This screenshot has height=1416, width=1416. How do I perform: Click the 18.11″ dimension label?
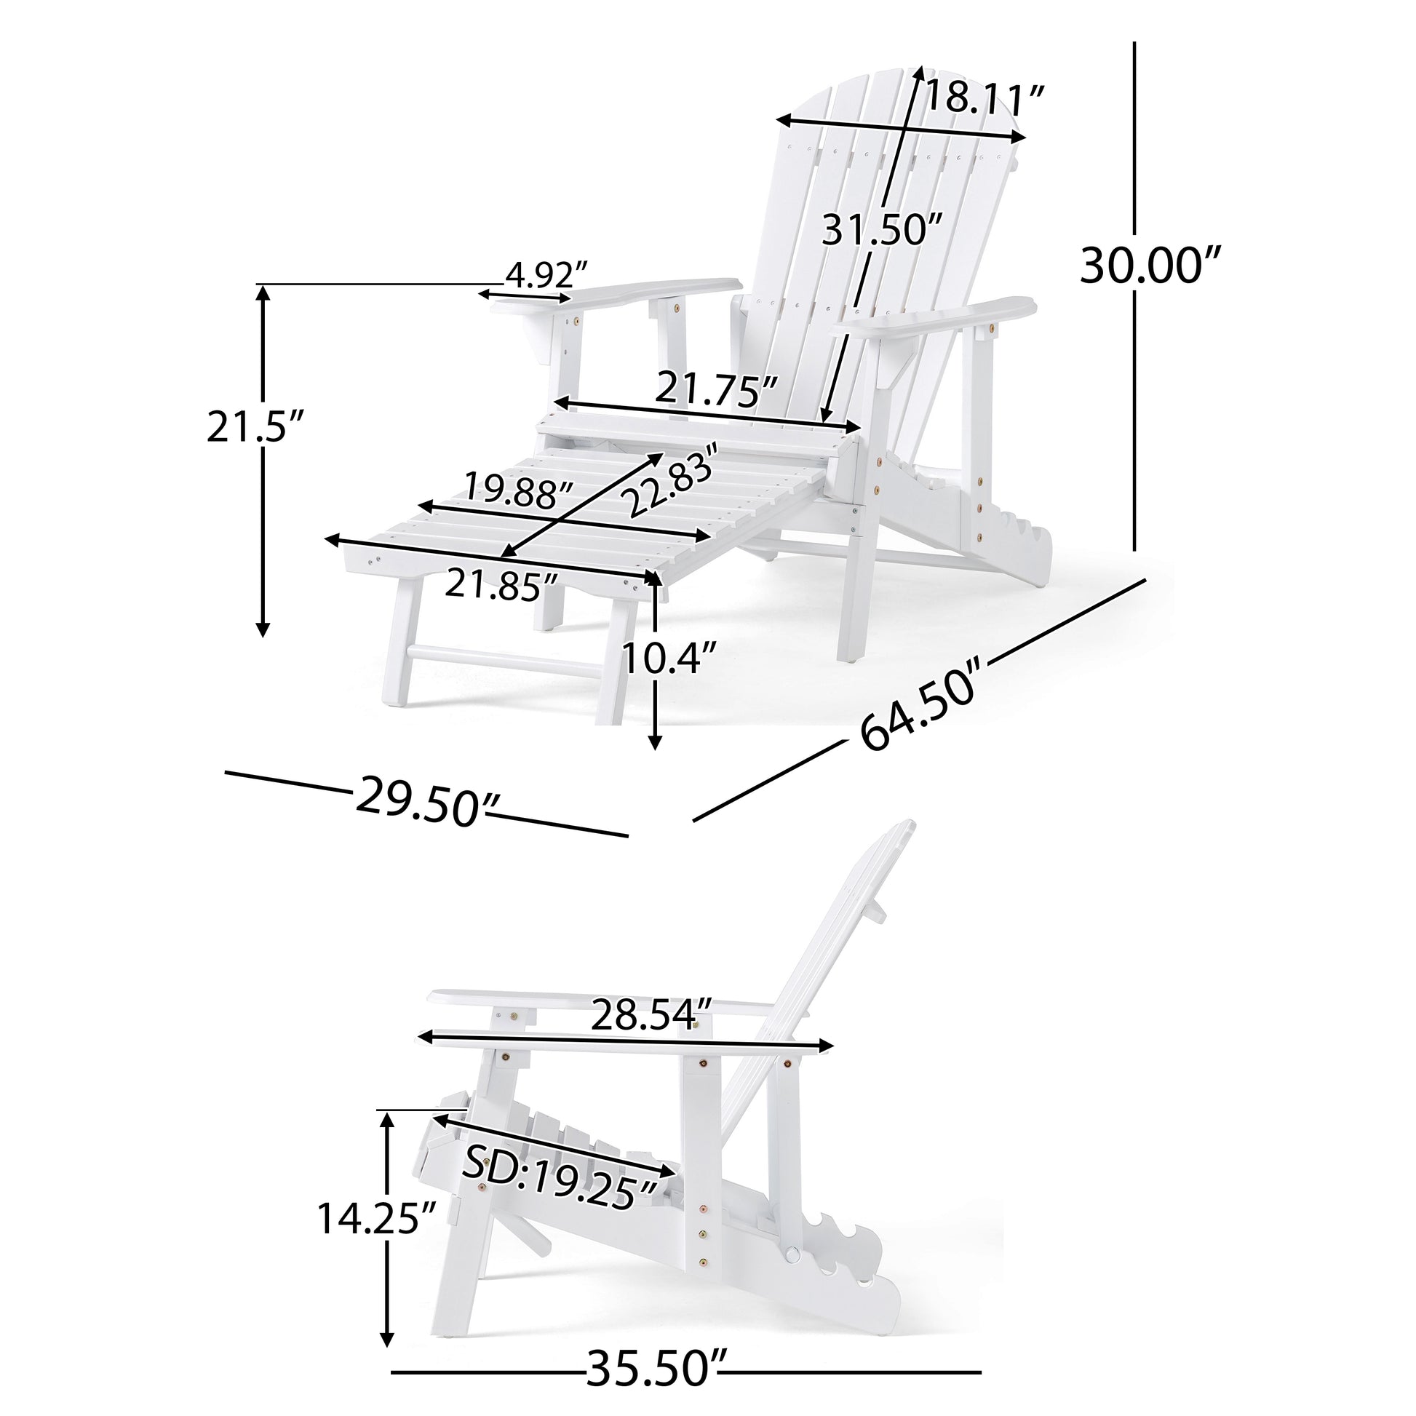tap(985, 98)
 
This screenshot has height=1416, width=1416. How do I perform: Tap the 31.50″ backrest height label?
tap(882, 229)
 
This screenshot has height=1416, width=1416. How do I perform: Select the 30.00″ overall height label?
tap(1150, 266)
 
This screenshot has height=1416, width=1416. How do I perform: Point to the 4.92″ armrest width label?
tap(546, 275)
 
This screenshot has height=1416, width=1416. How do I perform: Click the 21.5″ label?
tap(255, 426)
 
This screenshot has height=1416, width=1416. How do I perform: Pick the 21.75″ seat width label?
tap(716, 389)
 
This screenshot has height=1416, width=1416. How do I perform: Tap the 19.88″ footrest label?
tap(520, 490)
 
